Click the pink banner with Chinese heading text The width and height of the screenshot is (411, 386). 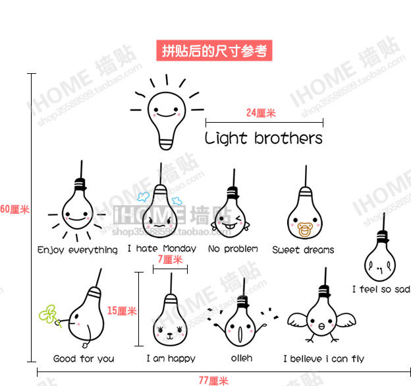click(215, 50)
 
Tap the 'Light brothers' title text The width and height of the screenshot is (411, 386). click(263, 139)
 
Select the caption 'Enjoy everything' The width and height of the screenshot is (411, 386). click(78, 250)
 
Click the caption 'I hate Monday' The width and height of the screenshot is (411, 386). click(161, 249)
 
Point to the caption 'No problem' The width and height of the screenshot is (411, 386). click(233, 249)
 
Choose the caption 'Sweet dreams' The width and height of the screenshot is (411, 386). click(303, 250)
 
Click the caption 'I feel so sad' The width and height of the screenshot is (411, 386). click(381, 289)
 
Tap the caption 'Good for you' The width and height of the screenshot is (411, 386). click(84, 359)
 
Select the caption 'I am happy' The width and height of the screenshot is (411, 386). click(171, 359)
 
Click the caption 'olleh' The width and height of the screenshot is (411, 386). click(241, 359)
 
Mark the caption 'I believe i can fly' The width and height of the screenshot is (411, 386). click(323, 359)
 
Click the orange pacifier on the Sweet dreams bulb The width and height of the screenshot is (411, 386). click(305, 231)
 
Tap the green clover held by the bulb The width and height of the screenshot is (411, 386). click(47, 313)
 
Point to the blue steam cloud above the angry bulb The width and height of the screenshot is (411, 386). click(144, 196)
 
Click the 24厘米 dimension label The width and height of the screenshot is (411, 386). click(261, 113)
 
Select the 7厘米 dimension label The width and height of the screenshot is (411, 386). click(170, 259)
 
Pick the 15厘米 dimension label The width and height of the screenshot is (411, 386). click(122, 311)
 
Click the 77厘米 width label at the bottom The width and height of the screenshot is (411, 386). click(213, 380)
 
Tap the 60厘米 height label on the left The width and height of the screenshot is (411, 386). click(14, 210)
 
